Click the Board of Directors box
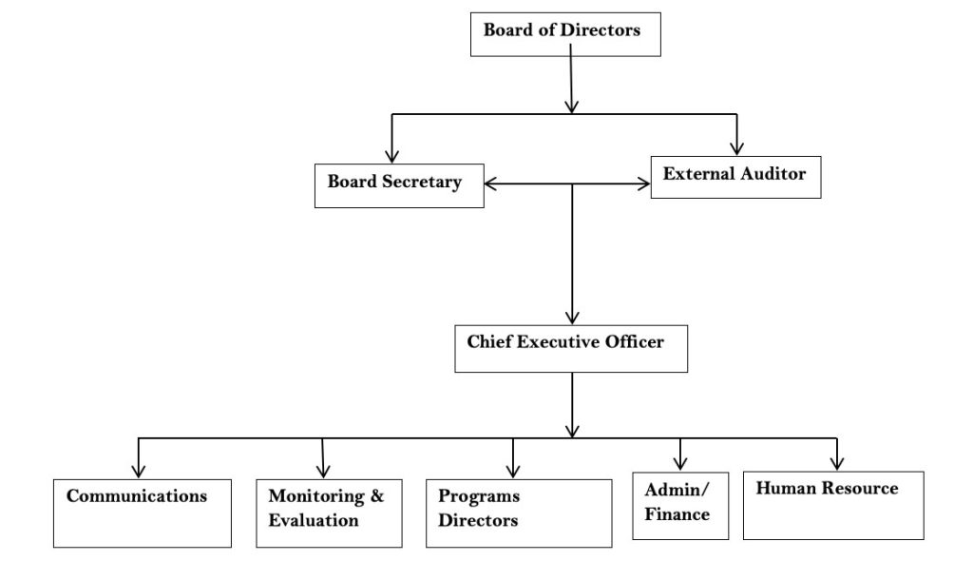tap(565, 33)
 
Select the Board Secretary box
tap(398, 185)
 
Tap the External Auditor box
tap(735, 176)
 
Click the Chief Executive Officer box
tap(570, 348)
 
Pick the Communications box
tap(142, 513)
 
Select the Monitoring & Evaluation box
tap(329, 513)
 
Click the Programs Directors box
tap(518, 513)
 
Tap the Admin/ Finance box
tap(679, 505)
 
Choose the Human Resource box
tap(832, 505)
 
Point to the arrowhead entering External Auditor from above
tap(736, 147)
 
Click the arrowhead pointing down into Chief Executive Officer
tap(571, 318)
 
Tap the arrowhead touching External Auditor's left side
tap(643, 185)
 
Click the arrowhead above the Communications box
tap(139, 470)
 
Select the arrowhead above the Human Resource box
tap(837, 463)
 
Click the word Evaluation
tap(314, 521)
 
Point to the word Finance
tap(677, 514)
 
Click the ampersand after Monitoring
tap(376, 496)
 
